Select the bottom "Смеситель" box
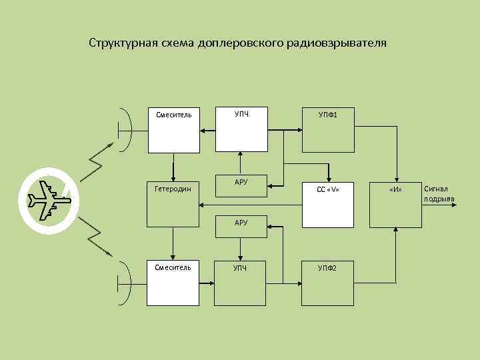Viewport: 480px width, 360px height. [x=173, y=281]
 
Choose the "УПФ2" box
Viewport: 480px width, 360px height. [x=327, y=281]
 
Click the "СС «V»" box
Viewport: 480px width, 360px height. [x=327, y=204]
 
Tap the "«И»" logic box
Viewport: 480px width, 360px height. [x=397, y=204]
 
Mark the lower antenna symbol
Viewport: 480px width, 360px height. [x=125, y=282]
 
